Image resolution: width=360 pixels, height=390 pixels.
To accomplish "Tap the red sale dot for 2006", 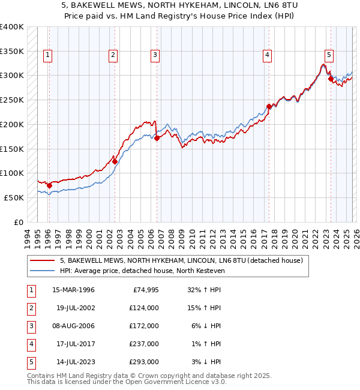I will pos(157,138).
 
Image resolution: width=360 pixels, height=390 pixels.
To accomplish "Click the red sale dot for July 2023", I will pos(331,78).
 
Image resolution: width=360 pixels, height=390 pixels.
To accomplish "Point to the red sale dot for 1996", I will pos(49,185).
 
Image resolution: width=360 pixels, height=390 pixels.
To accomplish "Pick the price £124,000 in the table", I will pos(143,308).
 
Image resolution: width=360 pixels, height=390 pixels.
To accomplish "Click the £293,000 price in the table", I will pos(143,362).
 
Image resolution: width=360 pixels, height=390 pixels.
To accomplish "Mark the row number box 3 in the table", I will pos(29,326).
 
